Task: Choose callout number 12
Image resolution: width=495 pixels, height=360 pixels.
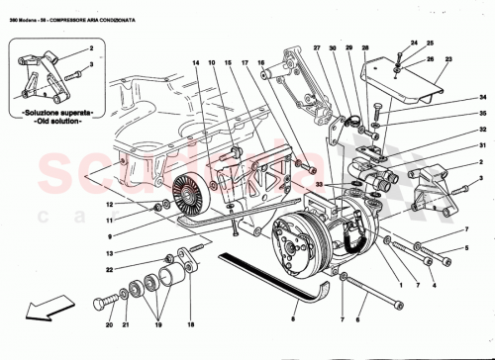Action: coord(139,205)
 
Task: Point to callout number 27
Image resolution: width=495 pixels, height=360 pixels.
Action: coord(317,48)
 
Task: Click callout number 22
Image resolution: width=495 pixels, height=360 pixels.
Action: coord(139,269)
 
